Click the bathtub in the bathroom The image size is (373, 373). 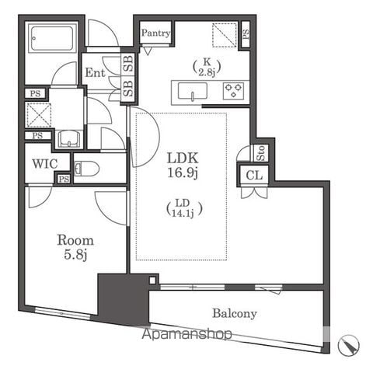tap(52, 38)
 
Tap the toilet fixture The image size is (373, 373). tap(86, 169)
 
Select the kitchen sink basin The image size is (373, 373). tap(193, 91)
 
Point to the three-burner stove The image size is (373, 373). tap(233, 91)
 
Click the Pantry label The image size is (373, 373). tap(155, 33)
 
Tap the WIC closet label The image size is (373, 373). tap(45, 164)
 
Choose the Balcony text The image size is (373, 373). tap(235, 313)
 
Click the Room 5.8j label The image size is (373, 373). tap(75, 247)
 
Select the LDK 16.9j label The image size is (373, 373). tap(183, 165)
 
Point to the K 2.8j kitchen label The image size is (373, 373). tap(207, 67)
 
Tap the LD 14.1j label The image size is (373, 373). tap(184, 208)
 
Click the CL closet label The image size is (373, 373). tap(254, 176)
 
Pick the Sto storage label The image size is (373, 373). tap(261, 153)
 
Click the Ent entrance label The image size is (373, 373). tap(95, 72)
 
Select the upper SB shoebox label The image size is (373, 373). tap(128, 64)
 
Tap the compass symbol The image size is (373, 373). tap(349, 345)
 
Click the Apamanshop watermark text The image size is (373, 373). tap(186, 334)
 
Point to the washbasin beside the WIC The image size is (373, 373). tap(68, 139)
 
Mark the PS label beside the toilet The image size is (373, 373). tap(64, 179)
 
